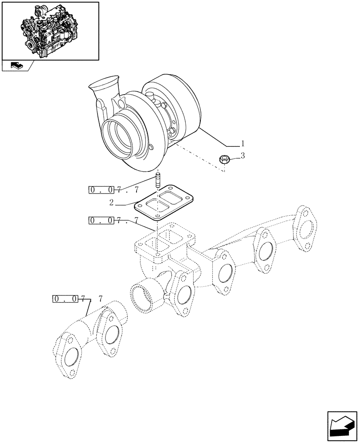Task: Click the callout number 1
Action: pos(243,144)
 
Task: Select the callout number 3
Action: pos(243,155)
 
